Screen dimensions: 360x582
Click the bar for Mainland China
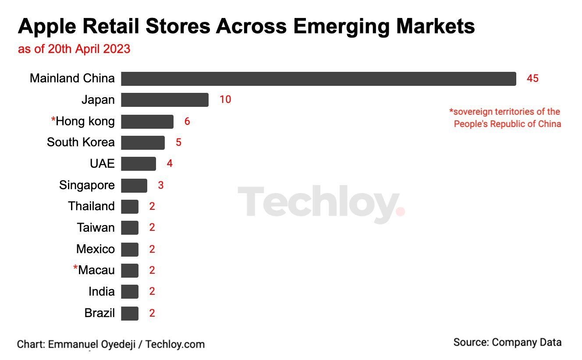tap(318, 79)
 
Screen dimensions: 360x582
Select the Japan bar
tap(164, 100)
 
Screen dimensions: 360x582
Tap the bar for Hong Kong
tap(147, 121)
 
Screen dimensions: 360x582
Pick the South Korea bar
tap(142, 143)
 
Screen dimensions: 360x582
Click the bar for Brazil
tap(129, 314)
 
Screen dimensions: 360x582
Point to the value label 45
tap(532, 79)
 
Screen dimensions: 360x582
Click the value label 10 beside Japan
tap(225, 100)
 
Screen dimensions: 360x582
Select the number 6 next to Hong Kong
tap(187, 121)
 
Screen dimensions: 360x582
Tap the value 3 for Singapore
tap(161, 185)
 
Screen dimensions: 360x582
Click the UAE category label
tap(102, 164)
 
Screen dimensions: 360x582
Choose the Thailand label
tap(91, 206)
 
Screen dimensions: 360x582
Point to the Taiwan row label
tap(96, 228)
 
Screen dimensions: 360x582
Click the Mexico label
tap(95, 249)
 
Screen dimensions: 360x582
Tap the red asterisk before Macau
tap(75, 268)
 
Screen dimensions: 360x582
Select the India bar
tap(129, 292)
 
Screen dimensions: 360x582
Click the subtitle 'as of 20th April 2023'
tap(74, 49)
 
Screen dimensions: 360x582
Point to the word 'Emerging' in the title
tap(341, 27)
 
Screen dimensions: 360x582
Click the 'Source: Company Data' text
tap(507, 342)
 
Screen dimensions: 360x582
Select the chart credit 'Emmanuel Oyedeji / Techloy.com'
tap(126, 344)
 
